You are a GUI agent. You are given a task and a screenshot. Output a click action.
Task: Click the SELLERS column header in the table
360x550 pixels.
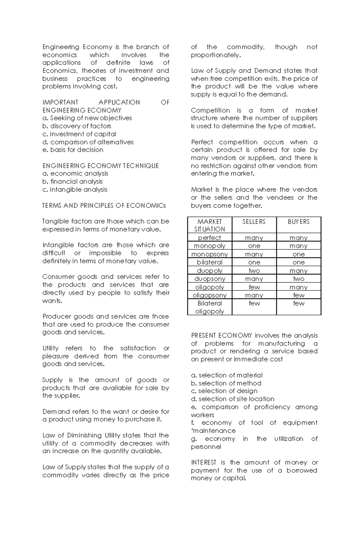click(254, 221)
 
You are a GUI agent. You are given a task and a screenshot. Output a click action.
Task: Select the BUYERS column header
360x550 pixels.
click(298, 221)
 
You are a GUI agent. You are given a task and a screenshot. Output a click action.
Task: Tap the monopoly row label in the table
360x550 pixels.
click(209, 246)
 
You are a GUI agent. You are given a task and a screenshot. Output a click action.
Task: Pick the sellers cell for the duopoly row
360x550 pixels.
click(254, 271)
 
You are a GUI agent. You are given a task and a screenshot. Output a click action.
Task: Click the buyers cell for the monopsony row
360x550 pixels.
click(298, 254)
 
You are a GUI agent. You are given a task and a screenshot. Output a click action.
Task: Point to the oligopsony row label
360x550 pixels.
click(209, 295)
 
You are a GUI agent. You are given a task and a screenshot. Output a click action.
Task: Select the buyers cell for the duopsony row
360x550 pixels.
click(298, 279)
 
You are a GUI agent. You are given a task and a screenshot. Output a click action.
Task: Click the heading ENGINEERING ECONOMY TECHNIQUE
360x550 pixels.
click(100, 166)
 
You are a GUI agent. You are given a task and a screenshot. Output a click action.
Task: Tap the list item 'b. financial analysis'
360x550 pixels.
click(73, 181)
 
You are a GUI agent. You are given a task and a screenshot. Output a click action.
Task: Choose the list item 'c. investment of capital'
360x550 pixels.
click(79, 134)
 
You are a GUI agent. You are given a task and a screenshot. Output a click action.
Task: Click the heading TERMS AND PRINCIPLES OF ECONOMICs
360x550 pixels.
click(104, 206)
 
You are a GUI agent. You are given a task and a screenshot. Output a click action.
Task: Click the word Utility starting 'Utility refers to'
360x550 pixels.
click(50, 348)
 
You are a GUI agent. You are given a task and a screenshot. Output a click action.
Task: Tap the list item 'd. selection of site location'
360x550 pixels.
click(232, 399)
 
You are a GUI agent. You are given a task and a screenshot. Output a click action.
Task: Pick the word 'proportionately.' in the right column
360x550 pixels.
click(216, 55)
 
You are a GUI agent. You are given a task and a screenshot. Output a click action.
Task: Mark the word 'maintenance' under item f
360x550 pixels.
click(214, 431)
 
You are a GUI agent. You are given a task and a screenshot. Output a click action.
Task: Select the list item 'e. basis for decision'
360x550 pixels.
click(73, 150)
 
